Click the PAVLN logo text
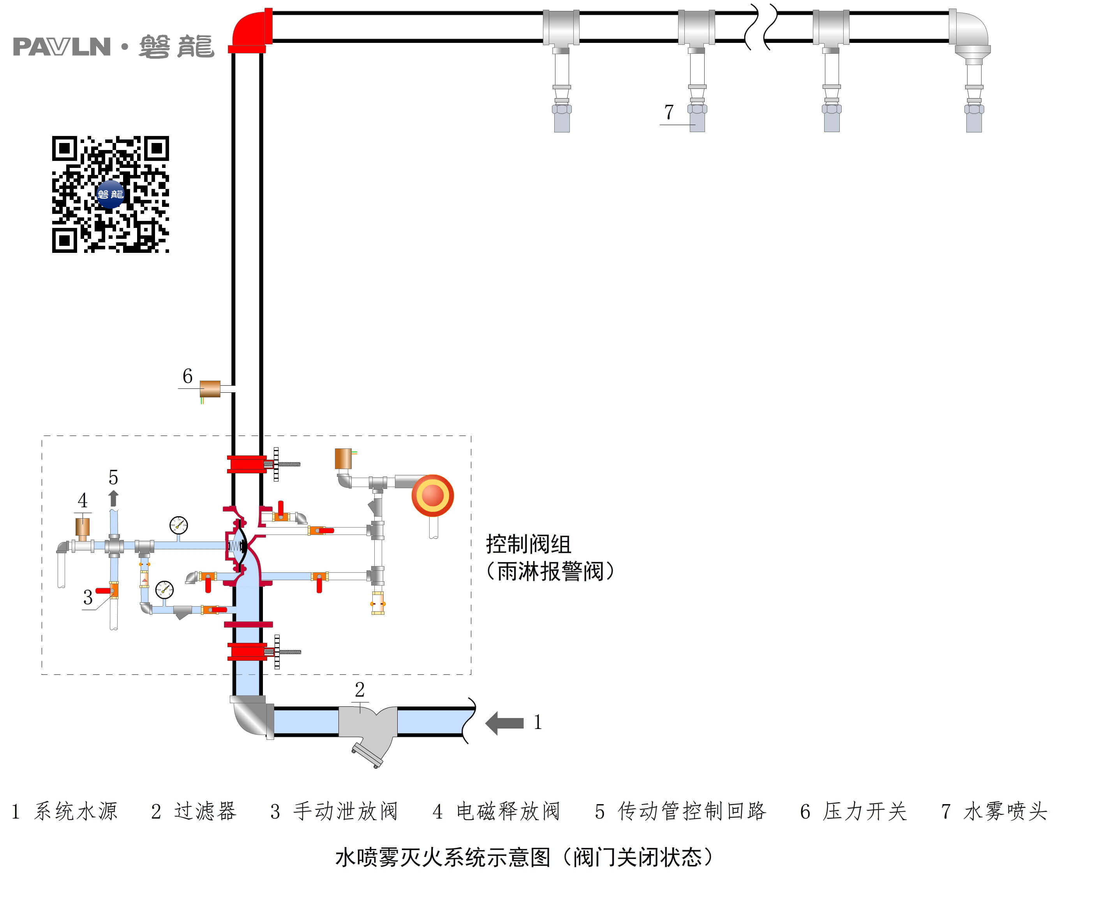pos(62,47)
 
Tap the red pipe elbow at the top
pos(250,30)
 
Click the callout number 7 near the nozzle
pos(668,112)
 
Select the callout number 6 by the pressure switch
pos(187,376)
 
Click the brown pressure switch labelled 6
pos(210,389)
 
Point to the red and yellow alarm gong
pos(432,495)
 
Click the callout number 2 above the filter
pos(360,689)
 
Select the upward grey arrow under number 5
pos(113,498)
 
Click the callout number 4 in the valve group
pos(83,500)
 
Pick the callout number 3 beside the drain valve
pos(88,597)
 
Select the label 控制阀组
pos(528,544)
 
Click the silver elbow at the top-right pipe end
pos(971,33)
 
